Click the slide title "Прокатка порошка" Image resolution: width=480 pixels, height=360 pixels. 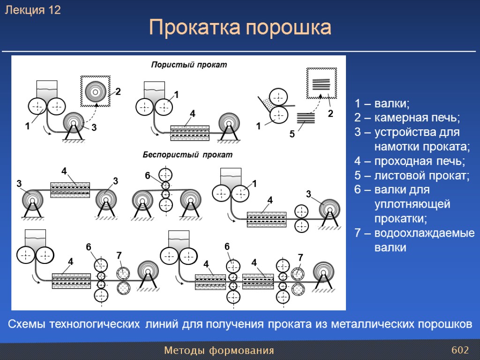240,28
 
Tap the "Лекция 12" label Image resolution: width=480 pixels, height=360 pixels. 33,10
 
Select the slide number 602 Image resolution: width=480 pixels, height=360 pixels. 460,350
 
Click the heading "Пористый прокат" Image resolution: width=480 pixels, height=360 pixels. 188,65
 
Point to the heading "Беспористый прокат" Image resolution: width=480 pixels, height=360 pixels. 187,154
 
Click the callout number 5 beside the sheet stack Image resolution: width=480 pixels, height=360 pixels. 292,134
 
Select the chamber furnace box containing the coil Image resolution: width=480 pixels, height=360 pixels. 96,90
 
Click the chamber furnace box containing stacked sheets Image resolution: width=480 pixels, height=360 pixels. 322,83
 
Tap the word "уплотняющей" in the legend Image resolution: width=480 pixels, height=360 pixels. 412,204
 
